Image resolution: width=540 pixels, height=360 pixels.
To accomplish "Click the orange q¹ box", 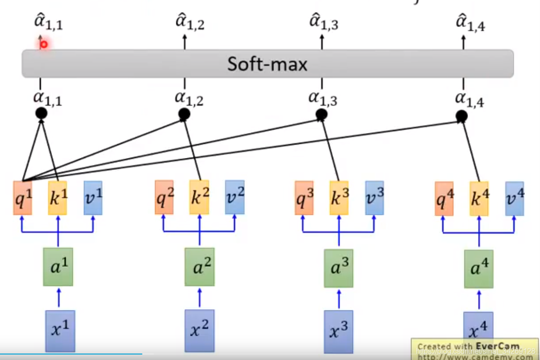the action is point(22,197).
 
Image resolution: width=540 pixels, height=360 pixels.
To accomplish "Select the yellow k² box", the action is point(199,197).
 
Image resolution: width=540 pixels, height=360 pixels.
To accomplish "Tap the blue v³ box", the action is point(375,197).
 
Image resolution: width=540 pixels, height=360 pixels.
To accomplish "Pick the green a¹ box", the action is point(58,267).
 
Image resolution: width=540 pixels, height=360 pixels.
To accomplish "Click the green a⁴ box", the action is point(478,269).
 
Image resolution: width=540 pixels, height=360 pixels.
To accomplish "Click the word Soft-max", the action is point(267,64).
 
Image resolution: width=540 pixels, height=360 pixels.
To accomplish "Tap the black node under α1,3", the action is point(321,115).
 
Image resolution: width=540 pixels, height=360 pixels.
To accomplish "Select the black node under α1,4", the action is point(462,117).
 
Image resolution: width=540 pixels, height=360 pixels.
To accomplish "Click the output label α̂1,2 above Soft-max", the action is point(190,22).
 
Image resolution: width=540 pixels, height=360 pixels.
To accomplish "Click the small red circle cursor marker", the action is point(44,45).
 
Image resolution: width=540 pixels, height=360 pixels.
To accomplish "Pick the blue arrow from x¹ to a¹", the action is point(58,298).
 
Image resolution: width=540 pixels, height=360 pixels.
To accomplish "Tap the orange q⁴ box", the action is point(444,198).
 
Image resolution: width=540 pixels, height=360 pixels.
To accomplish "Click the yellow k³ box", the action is point(339,197).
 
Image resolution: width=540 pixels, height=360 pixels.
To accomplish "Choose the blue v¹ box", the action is point(93,197).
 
